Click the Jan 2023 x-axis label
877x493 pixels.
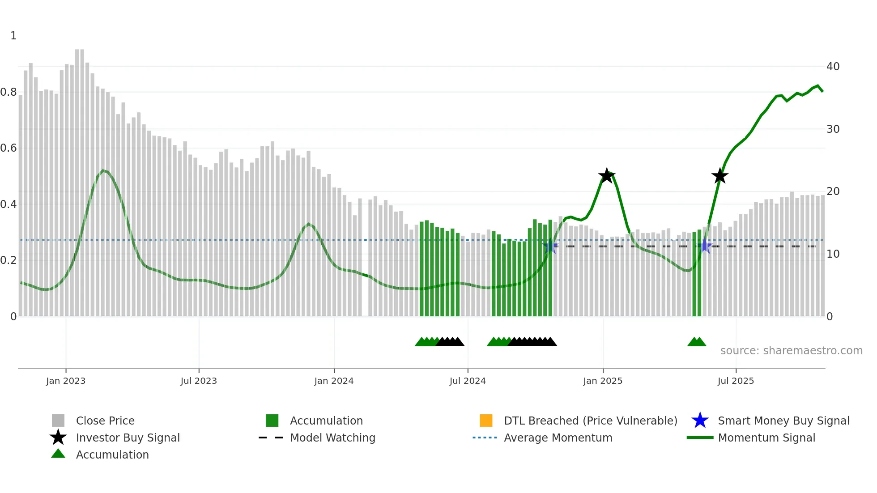tap(66, 381)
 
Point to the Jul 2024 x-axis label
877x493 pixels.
tap(468, 381)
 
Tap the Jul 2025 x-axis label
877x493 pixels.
tap(736, 381)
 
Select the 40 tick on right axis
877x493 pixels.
tap(833, 67)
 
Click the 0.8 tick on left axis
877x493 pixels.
tap(9, 92)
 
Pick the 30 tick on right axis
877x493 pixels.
tap(833, 129)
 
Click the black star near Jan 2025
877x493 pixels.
tap(607, 176)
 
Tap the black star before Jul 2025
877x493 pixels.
tap(720, 176)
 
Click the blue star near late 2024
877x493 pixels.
tap(550, 246)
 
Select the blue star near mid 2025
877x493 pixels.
tap(705, 246)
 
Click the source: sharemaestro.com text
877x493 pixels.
tap(791, 351)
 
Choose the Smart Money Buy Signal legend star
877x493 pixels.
tap(700, 421)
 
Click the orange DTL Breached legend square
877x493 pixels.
tap(486, 421)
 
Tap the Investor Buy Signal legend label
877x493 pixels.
tap(128, 438)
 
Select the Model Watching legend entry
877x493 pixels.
tap(332, 438)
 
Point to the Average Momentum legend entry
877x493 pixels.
tap(558, 438)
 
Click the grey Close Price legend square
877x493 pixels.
tap(58, 421)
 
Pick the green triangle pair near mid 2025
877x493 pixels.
tap(697, 342)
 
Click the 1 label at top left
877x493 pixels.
tap(13, 36)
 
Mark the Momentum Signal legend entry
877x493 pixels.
tap(766, 438)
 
